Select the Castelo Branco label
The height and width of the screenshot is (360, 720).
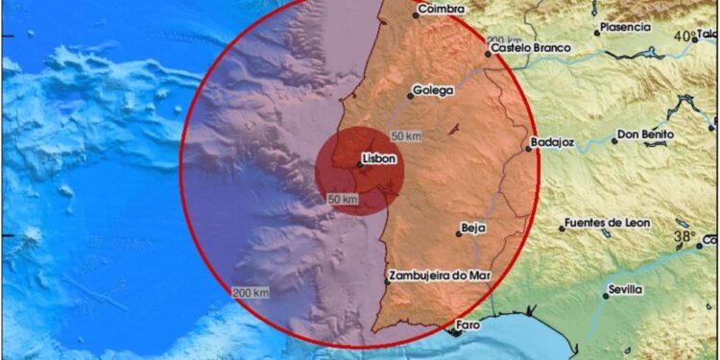click(x=530, y=47)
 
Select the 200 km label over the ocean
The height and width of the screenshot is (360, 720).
click(x=250, y=291)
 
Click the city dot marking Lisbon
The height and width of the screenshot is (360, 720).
click(x=360, y=165)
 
